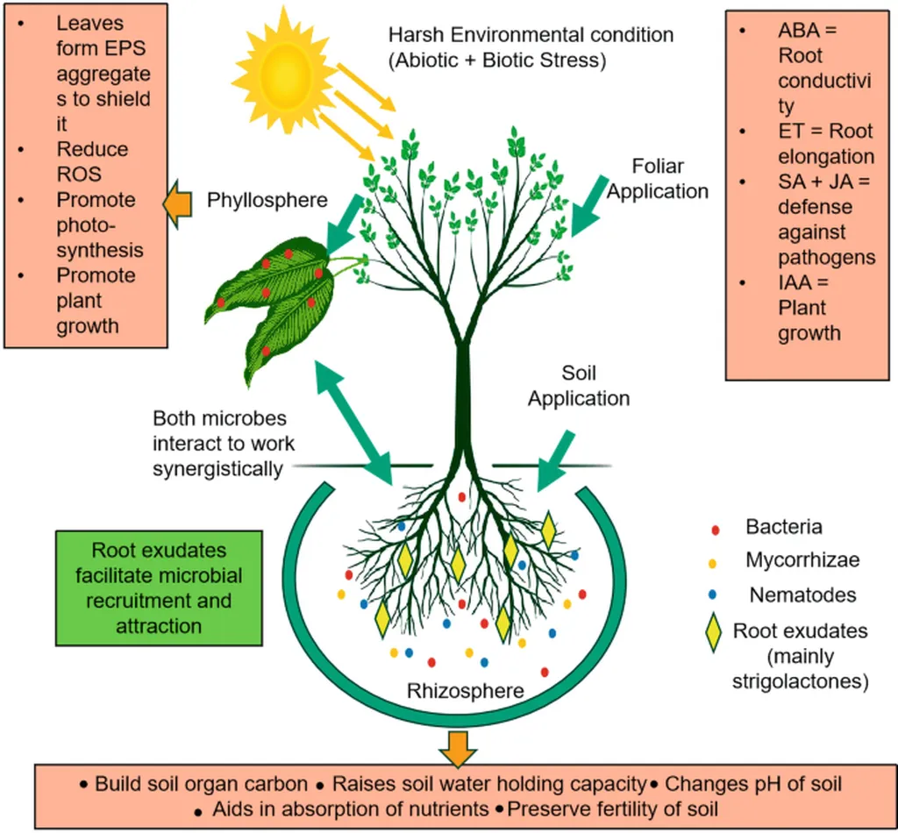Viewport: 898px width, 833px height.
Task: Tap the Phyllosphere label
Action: (267, 200)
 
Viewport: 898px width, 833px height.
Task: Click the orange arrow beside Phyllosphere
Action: (177, 203)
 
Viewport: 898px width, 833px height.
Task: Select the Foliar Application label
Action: (657, 179)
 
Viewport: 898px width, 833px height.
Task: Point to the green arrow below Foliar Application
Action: (589, 205)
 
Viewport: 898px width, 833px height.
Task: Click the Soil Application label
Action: (579, 385)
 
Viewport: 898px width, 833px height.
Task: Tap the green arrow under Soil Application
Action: (555, 461)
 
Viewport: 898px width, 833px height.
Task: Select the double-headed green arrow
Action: (353, 423)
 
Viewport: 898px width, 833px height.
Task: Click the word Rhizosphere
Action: (465, 690)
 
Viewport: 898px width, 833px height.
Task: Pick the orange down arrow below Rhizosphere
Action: (457, 748)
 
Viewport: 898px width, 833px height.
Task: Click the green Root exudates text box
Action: (160, 588)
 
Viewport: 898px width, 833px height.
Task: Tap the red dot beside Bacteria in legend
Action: (715, 530)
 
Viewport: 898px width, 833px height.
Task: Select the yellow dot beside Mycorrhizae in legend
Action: (712, 563)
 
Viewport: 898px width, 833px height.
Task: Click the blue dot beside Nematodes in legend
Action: (712, 594)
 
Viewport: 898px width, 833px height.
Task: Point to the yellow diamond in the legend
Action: (713, 632)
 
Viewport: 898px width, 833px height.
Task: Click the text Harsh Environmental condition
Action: (531, 35)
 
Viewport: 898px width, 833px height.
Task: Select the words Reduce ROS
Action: (92, 161)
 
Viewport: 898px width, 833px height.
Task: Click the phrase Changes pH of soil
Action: (753, 783)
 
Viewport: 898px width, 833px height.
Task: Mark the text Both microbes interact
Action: (224, 431)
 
